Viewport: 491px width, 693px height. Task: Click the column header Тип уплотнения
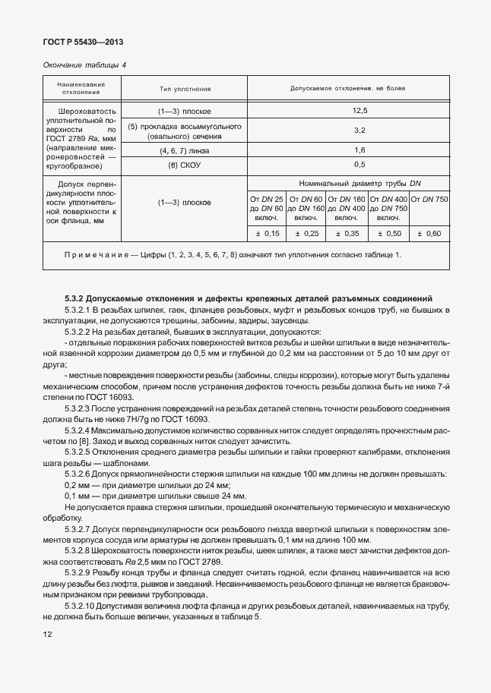tap(185, 88)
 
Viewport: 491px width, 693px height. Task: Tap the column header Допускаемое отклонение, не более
tap(347, 88)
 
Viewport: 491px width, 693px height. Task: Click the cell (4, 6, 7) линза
tap(185, 150)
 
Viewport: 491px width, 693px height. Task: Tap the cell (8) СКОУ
tap(185, 164)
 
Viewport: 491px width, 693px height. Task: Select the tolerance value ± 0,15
tap(266, 233)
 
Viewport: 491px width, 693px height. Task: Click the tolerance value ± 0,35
tap(347, 233)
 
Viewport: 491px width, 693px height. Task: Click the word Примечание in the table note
tap(90, 254)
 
